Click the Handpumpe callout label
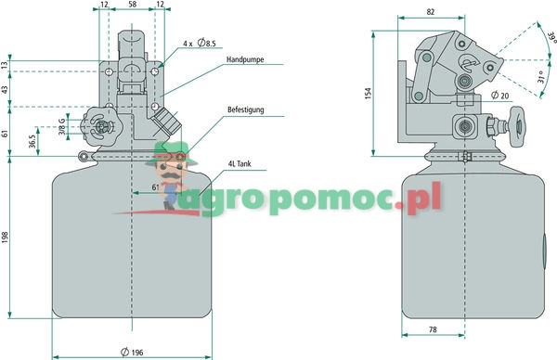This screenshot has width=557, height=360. coord(245,59)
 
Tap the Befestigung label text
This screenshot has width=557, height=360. coord(246,109)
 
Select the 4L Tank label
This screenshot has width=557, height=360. coord(240,163)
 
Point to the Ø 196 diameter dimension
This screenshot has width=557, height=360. coord(132,353)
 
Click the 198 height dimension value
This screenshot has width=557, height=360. coord(5,238)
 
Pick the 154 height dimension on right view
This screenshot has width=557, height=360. coord(369,94)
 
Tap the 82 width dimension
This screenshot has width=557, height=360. coord(431,12)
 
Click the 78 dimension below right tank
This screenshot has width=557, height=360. coord(433,329)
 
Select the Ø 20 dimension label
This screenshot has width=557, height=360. coord(499,96)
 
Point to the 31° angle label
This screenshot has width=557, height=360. coord(540,77)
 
